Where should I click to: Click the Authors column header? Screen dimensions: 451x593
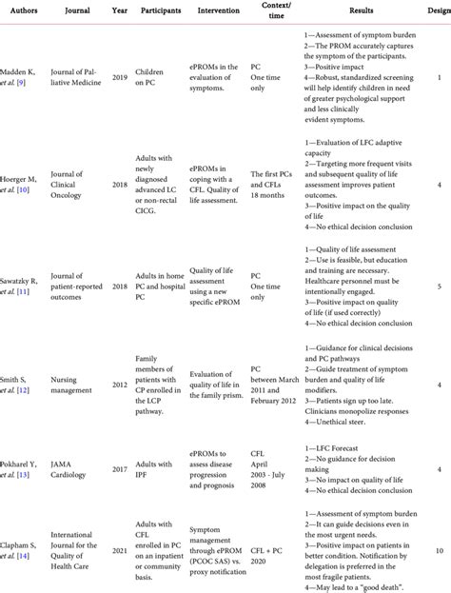[x=25, y=17]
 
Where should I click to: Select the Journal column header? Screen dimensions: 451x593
[x=78, y=17]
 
